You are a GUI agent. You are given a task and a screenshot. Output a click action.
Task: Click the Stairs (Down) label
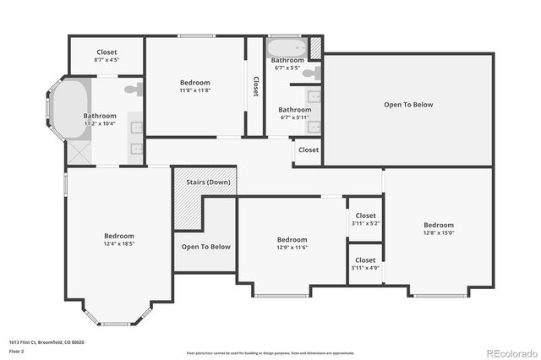pos(205,182)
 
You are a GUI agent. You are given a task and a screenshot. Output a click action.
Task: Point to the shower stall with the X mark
pos(79,152)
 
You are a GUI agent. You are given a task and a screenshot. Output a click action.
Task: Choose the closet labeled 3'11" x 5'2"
pos(365,220)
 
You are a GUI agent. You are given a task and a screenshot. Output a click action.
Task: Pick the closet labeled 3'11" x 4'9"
pos(365,264)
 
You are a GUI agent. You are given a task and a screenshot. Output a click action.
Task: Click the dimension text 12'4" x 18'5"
pos(119,244)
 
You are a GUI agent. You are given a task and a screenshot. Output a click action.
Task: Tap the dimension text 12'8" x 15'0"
pos(438,233)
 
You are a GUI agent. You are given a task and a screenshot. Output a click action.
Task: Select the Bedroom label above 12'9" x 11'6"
pos(292,239)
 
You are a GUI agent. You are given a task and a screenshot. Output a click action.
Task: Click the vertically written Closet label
pos(255,87)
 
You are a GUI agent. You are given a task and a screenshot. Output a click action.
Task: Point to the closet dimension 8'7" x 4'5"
pos(107,60)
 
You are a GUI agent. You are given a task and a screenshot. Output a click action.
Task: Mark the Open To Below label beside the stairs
pos(205,246)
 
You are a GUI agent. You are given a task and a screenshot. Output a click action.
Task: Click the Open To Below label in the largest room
pos(408,105)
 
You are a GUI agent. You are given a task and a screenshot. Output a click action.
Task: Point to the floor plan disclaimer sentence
pos(270,352)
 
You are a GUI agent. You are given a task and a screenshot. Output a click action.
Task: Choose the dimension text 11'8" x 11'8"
pos(194,90)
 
